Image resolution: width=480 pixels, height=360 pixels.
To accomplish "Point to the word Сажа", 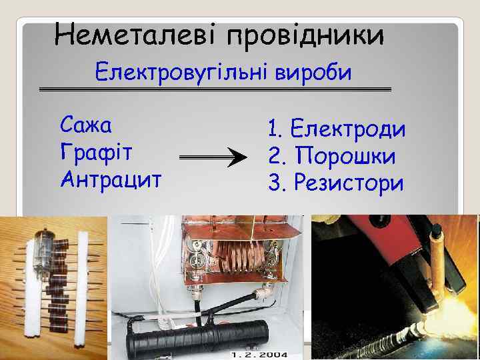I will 86,124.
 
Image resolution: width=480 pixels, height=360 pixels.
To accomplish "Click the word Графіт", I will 96,151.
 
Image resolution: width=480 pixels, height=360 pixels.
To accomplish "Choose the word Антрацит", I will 110,178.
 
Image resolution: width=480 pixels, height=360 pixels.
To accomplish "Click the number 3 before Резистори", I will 274,181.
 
